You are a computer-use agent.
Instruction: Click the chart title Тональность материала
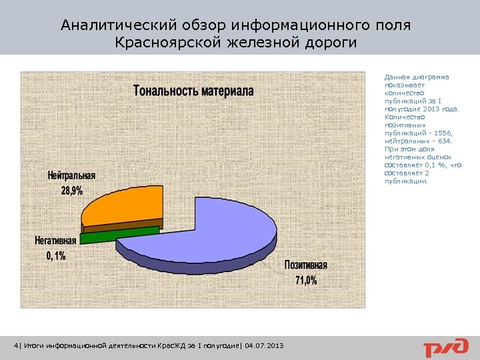[193, 91]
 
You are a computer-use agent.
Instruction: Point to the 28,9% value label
[72, 191]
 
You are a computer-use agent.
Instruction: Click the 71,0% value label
[307, 280]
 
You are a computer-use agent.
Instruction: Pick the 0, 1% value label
[56, 256]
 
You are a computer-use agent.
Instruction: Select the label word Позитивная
[307, 265]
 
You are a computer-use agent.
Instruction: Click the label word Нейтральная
[71, 175]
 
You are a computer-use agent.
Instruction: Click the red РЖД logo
[443, 347]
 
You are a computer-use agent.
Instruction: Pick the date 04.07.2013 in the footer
[265, 345]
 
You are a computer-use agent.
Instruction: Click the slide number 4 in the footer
[17, 345]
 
